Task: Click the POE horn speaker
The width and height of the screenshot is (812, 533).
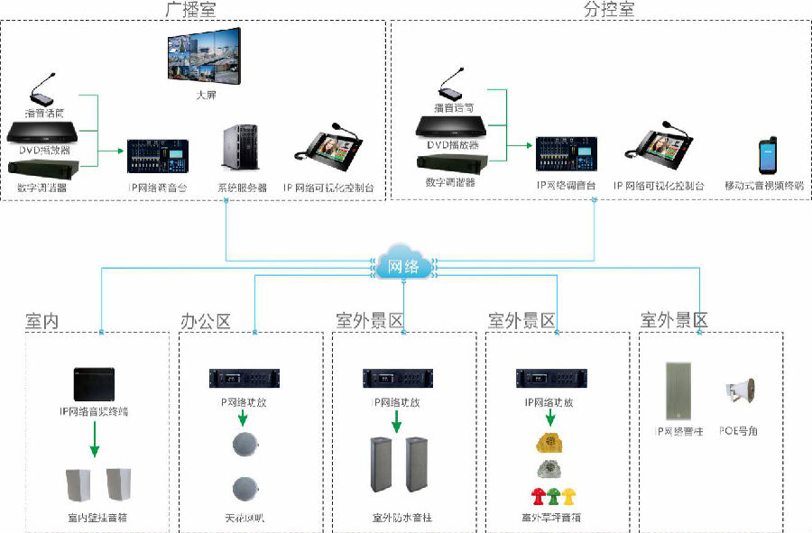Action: (x=738, y=392)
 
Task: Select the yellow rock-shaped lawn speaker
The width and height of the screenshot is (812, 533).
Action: (x=550, y=442)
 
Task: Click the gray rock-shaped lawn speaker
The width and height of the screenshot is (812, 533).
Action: (x=550, y=468)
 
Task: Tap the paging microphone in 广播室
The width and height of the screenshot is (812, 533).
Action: (x=42, y=91)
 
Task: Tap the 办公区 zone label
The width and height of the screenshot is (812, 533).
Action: (x=206, y=321)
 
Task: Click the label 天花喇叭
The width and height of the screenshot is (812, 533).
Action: (x=244, y=519)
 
